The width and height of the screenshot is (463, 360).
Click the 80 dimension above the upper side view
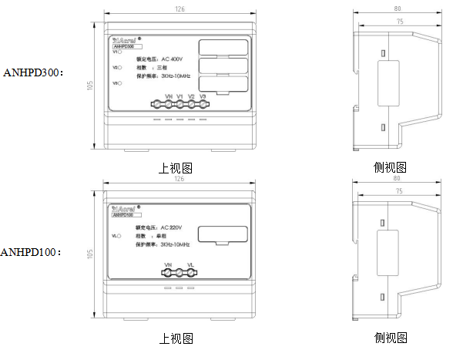397,10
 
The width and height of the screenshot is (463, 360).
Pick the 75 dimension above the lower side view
399,190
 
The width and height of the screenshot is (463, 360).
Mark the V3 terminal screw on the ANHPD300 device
203,103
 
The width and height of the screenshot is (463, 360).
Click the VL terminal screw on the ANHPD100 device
190,271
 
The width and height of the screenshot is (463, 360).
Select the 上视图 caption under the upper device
176,167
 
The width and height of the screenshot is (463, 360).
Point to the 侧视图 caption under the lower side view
390,338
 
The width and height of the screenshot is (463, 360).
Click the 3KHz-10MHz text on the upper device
174,76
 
